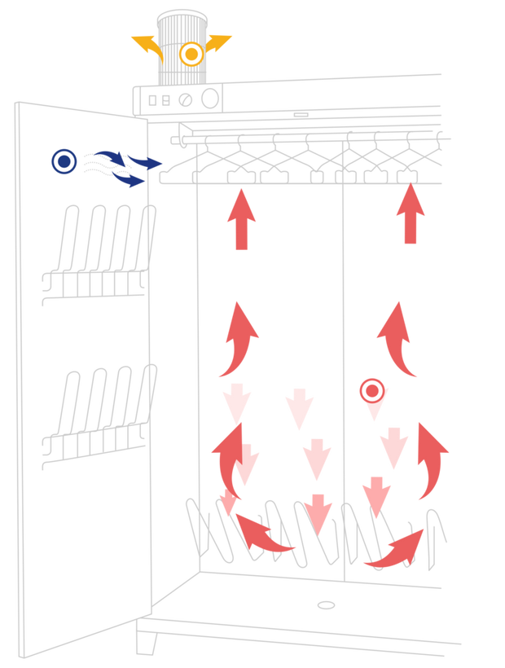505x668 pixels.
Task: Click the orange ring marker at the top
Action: click(x=191, y=55)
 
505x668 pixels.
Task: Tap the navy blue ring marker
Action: click(x=64, y=161)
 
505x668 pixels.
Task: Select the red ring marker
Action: click(x=372, y=391)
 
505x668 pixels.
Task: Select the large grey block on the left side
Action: click(x=98, y=407)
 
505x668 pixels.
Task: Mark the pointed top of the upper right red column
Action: click(x=411, y=196)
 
